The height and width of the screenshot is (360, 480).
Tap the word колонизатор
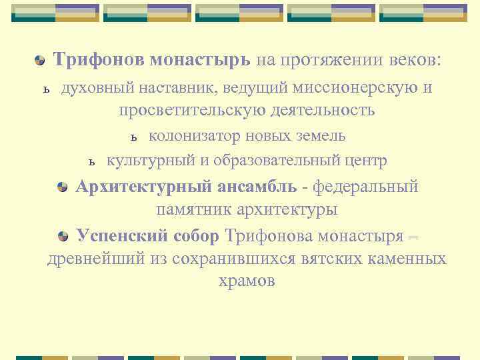(192, 136)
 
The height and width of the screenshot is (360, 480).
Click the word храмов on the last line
(247, 281)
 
